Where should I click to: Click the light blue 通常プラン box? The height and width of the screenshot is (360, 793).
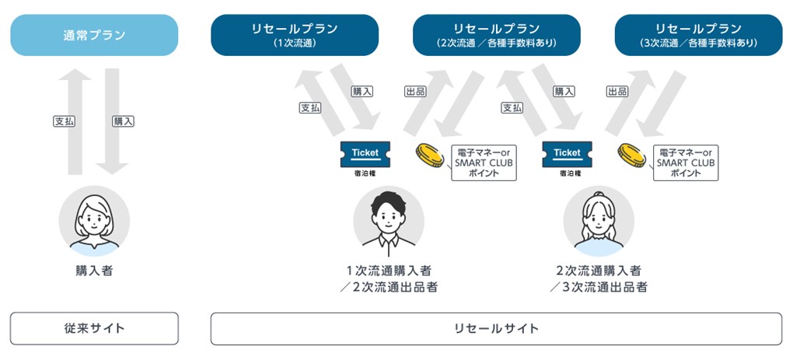click(94, 35)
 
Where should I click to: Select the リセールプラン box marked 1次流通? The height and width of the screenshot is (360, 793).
click(295, 35)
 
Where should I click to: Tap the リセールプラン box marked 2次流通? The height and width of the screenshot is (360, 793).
click(496, 35)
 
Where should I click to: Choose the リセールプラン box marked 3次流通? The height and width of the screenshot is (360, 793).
click(698, 35)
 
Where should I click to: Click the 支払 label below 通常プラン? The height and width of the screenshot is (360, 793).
click(64, 121)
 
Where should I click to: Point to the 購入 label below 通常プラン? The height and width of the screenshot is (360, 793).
click(123, 121)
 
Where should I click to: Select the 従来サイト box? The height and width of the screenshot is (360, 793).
click(94, 328)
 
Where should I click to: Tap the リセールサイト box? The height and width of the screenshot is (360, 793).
click(496, 328)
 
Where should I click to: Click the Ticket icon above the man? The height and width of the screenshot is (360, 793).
click(365, 154)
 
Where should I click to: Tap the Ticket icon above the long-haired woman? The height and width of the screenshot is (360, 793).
click(567, 154)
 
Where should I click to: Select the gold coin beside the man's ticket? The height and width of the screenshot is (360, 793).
click(429, 155)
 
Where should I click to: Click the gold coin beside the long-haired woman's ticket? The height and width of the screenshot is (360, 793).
click(631, 155)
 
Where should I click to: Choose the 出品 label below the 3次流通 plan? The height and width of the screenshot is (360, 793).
click(617, 92)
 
